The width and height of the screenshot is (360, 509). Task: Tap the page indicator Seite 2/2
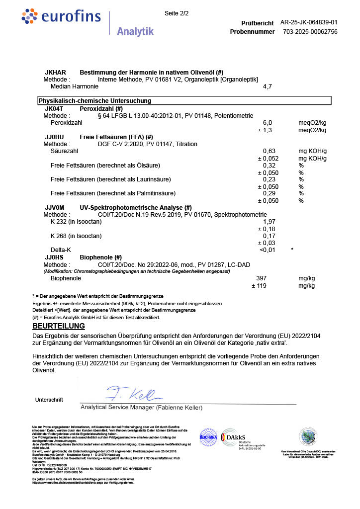(x=177, y=13)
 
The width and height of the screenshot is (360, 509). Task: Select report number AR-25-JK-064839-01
(x=309, y=22)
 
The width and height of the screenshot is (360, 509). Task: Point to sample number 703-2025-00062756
(x=310, y=31)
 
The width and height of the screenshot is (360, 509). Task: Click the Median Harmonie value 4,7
(x=267, y=86)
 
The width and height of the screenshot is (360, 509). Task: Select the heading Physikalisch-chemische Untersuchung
(x=95, y=101)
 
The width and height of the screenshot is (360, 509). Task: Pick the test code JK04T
(x=54, y=108)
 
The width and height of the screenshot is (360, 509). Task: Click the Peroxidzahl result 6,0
(x=267, y=122)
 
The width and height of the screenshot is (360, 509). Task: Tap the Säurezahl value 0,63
(x=269, y=151)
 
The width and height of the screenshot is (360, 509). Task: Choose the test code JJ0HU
(x=54, y=137)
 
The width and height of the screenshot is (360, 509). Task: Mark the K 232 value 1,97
(x=269, y=221)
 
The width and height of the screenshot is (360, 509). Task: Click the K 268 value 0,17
(x=269, y=236)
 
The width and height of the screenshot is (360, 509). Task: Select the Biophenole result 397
(x=262, y=278)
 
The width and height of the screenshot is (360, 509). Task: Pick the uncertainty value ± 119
(x=261, y=286)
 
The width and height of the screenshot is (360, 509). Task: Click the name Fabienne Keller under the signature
(x=180, y=408)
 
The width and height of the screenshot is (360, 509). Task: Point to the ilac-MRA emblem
(x=209, y=437)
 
